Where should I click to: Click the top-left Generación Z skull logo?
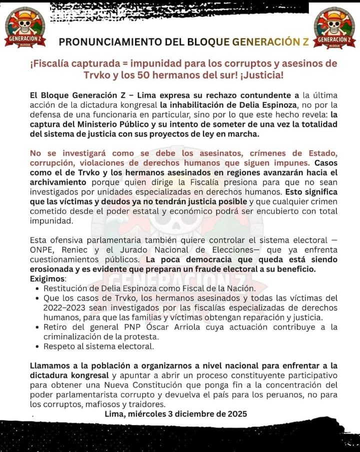[24, 27]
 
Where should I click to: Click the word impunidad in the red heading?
[169, 63]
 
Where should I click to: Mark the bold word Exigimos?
[47, 278]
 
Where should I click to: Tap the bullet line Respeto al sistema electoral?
[98, 346]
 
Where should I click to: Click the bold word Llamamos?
[50, 366]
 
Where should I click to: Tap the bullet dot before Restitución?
[38, 289]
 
